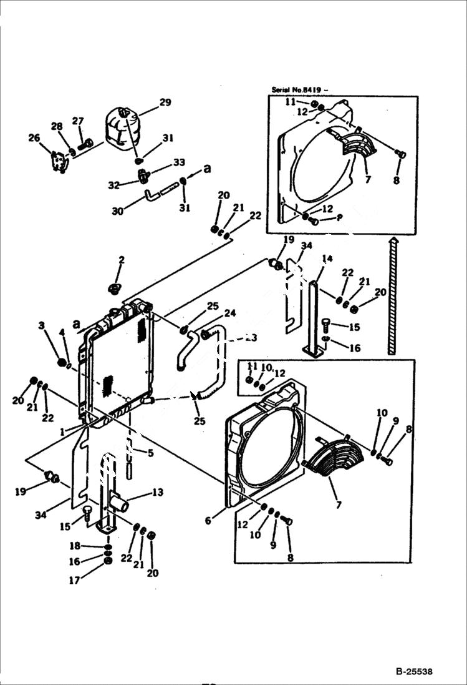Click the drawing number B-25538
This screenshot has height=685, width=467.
tap(413, 672)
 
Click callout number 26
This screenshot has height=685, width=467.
tap(34, 138)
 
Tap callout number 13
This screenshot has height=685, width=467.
tap(158, 493)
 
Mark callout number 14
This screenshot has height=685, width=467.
tap(327, 259)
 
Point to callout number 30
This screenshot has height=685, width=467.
tap(117, 212)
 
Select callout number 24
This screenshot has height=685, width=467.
tap(230, 313)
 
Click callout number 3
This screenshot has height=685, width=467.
tap(41, 325)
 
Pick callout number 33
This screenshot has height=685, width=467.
tap(179, 162)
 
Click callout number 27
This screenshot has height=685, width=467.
tap(77, 121)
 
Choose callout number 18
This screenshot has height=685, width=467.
tap(74, 546)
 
